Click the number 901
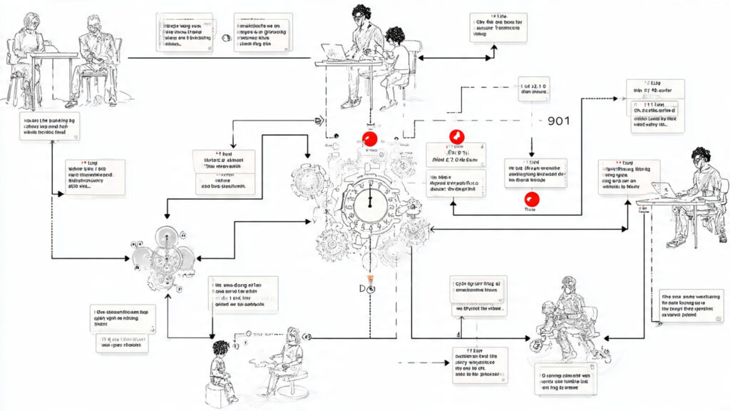pos(559,121)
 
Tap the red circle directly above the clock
pos(369,139)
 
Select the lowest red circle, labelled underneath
pos(530,199)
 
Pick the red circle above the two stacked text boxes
pos(456,138)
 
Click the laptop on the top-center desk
pos(333,52)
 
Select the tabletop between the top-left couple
pos(53,55)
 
